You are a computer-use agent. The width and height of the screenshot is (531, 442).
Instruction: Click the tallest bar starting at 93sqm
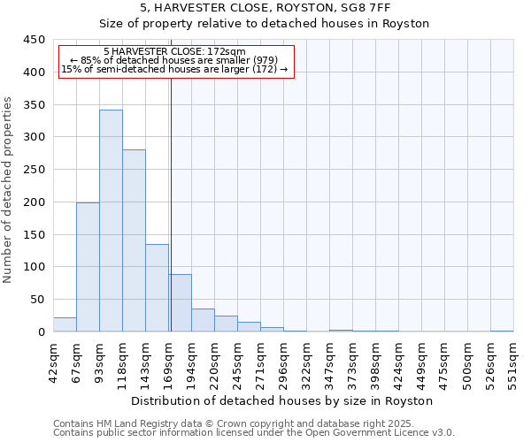point(111,221)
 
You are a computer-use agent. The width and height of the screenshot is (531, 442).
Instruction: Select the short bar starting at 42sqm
point(65,324)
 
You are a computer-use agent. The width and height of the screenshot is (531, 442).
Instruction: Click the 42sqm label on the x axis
point(53,360)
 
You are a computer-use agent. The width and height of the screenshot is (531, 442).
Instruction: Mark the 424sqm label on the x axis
point(398,360)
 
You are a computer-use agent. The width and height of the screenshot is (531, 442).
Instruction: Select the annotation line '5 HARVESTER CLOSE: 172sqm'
point(174,52)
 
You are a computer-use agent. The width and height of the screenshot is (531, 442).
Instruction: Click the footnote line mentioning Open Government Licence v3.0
point(254,433)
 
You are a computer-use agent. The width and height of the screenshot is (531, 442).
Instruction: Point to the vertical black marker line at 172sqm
point(170,203)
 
